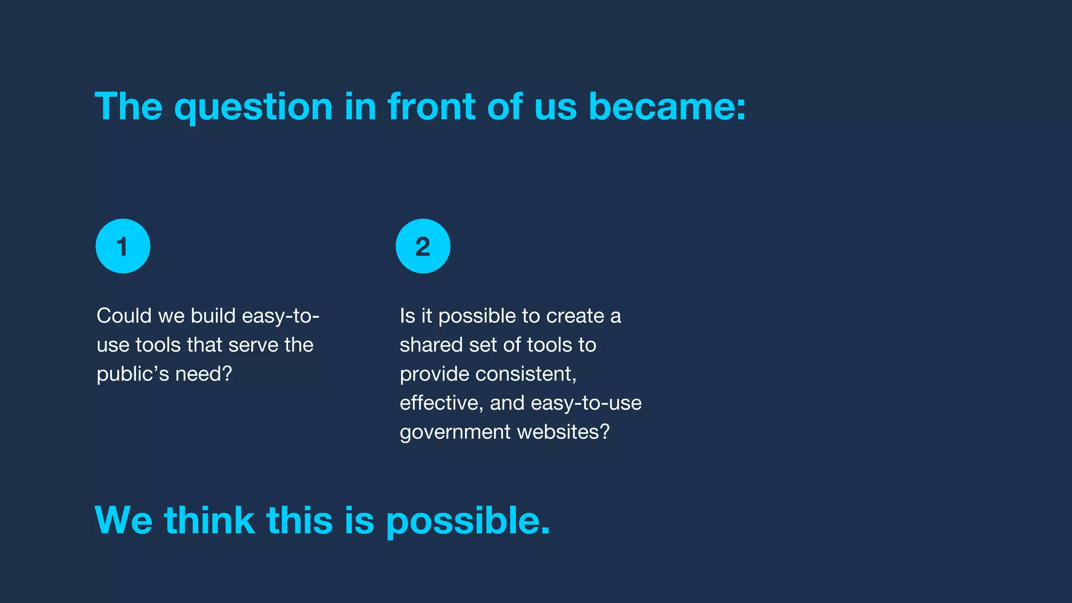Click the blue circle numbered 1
point(122,246)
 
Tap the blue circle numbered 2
point(422,246)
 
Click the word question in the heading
point(253,108)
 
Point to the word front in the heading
point(431,107)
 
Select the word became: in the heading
point(667,107)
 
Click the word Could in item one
point(124,316)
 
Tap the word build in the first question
point(213,316)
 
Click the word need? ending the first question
point(204,374)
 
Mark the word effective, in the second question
point(441,403)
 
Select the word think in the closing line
point(209,520)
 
